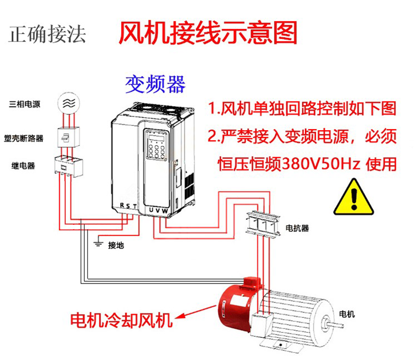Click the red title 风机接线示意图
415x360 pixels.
point(209,33)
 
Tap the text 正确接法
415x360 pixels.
point(48,34)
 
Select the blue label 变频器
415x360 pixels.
point(155,84)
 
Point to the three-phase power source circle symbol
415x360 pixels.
point(68,103)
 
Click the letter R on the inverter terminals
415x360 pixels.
point(122,206)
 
